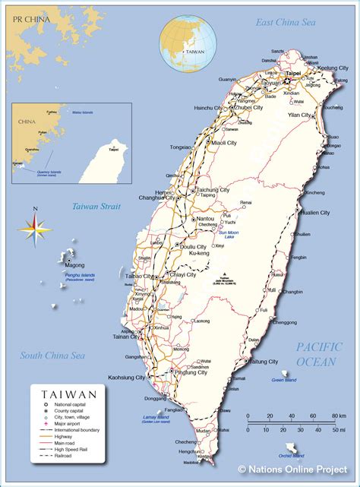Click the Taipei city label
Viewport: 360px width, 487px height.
point(293,74)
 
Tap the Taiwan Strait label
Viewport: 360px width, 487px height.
point(96,206)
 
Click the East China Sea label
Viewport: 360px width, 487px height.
point(286,24)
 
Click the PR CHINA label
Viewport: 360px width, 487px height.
point(27,17)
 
